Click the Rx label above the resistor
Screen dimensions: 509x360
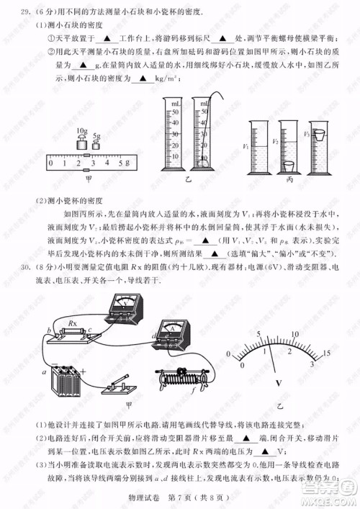(x=71, y=322)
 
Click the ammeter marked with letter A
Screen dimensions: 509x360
(x=174, y=333)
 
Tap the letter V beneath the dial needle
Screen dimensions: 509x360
(x=278, y=384)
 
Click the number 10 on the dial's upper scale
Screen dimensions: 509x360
(x=295, y=334)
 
